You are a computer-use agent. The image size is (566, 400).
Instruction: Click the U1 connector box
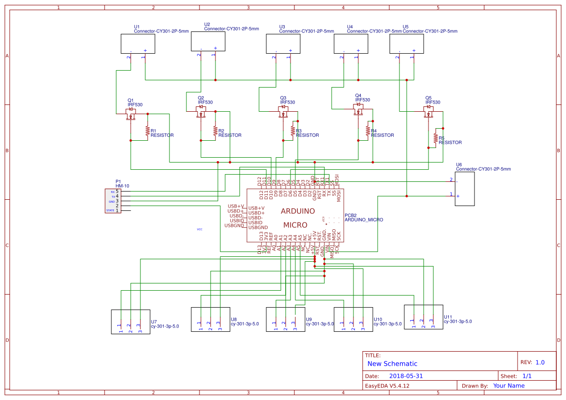138,44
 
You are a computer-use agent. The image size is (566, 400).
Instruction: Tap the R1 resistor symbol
147,131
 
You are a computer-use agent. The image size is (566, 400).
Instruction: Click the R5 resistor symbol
435,138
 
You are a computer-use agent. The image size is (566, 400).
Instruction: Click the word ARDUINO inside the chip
298,211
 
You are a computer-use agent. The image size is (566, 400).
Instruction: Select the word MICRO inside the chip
295,225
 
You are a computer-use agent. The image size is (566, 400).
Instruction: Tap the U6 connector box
464,189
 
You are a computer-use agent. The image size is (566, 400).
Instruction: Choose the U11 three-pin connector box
424,317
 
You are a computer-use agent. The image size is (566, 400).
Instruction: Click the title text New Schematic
392,364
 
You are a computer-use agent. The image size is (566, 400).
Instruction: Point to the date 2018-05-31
406,376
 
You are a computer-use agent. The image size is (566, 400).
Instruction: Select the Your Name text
508,385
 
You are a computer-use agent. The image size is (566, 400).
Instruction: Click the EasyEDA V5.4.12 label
387,385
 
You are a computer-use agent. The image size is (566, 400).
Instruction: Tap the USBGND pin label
235,225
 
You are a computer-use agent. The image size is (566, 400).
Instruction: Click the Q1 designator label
130,100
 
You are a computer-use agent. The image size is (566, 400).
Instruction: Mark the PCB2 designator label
351,215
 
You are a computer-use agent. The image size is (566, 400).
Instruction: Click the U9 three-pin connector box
285,319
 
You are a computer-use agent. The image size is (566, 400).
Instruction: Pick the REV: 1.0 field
532,362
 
